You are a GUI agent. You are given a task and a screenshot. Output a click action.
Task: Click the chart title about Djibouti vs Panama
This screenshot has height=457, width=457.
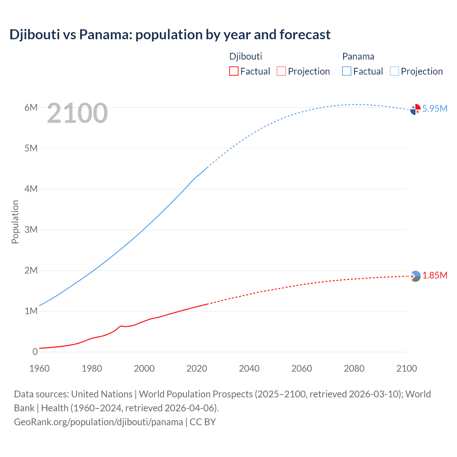tap(170, 35)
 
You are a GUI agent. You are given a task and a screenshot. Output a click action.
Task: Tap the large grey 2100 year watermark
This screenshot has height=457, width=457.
tap(77, 113)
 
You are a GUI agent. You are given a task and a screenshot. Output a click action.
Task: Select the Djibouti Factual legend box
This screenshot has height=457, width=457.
tap(233, 71)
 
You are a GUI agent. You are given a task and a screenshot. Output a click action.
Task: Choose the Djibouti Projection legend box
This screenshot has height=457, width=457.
tap(281, 71)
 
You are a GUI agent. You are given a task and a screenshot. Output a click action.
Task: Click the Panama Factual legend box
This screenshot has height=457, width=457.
tap(347, 71)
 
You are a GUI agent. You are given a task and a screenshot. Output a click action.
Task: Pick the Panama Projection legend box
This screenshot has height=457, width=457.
tap(395, 71)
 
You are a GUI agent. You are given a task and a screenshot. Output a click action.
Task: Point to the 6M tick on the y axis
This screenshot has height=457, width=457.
tap(31, 107)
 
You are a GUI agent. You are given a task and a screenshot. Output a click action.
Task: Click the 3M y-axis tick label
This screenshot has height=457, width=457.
tap(31, 230)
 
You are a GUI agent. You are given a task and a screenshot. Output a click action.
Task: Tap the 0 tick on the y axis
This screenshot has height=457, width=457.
tap(35, 352)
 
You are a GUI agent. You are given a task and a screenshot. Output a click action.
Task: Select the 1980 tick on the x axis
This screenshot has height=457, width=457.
tap(92, 368)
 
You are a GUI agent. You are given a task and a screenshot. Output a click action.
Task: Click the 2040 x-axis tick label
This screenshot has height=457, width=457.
tap(249, 368)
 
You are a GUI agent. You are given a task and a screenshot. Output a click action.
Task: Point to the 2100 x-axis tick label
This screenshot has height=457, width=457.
tap(407, 368)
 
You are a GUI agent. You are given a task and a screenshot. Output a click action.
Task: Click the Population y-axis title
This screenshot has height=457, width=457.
tap(15, 222)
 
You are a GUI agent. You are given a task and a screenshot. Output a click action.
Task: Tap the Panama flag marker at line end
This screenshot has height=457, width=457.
tap(415, 109)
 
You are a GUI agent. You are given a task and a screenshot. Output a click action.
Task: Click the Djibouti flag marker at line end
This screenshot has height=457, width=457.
tap(415, 276)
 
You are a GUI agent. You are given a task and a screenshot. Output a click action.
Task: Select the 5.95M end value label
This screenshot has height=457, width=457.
tap(435, 109)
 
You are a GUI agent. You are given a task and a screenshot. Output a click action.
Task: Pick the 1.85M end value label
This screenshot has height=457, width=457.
tap(435, 275)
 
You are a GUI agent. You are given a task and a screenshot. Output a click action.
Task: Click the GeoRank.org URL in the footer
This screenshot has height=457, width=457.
tap(99, 422)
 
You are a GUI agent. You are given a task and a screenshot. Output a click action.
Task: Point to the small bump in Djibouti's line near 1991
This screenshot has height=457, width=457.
tap(121, 326)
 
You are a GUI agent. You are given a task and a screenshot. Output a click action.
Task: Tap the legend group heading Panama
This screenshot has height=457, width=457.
tap(358, 56)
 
